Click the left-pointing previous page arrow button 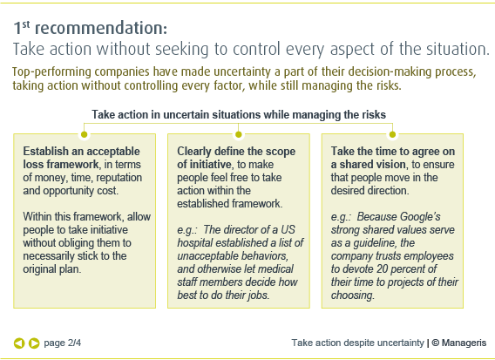coord(19,343)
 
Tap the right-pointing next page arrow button coord(34,343)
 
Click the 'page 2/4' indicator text coord(62,343)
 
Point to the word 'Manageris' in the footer coord(464,343)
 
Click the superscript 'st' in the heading coord(26,24)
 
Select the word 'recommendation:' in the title coord(101,28)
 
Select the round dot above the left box coord(84,134)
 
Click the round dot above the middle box coord(238,134)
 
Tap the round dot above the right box coord(392,134)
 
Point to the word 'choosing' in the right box coord(351,295)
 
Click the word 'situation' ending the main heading coord(456,49)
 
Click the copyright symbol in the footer coord(436,343)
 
